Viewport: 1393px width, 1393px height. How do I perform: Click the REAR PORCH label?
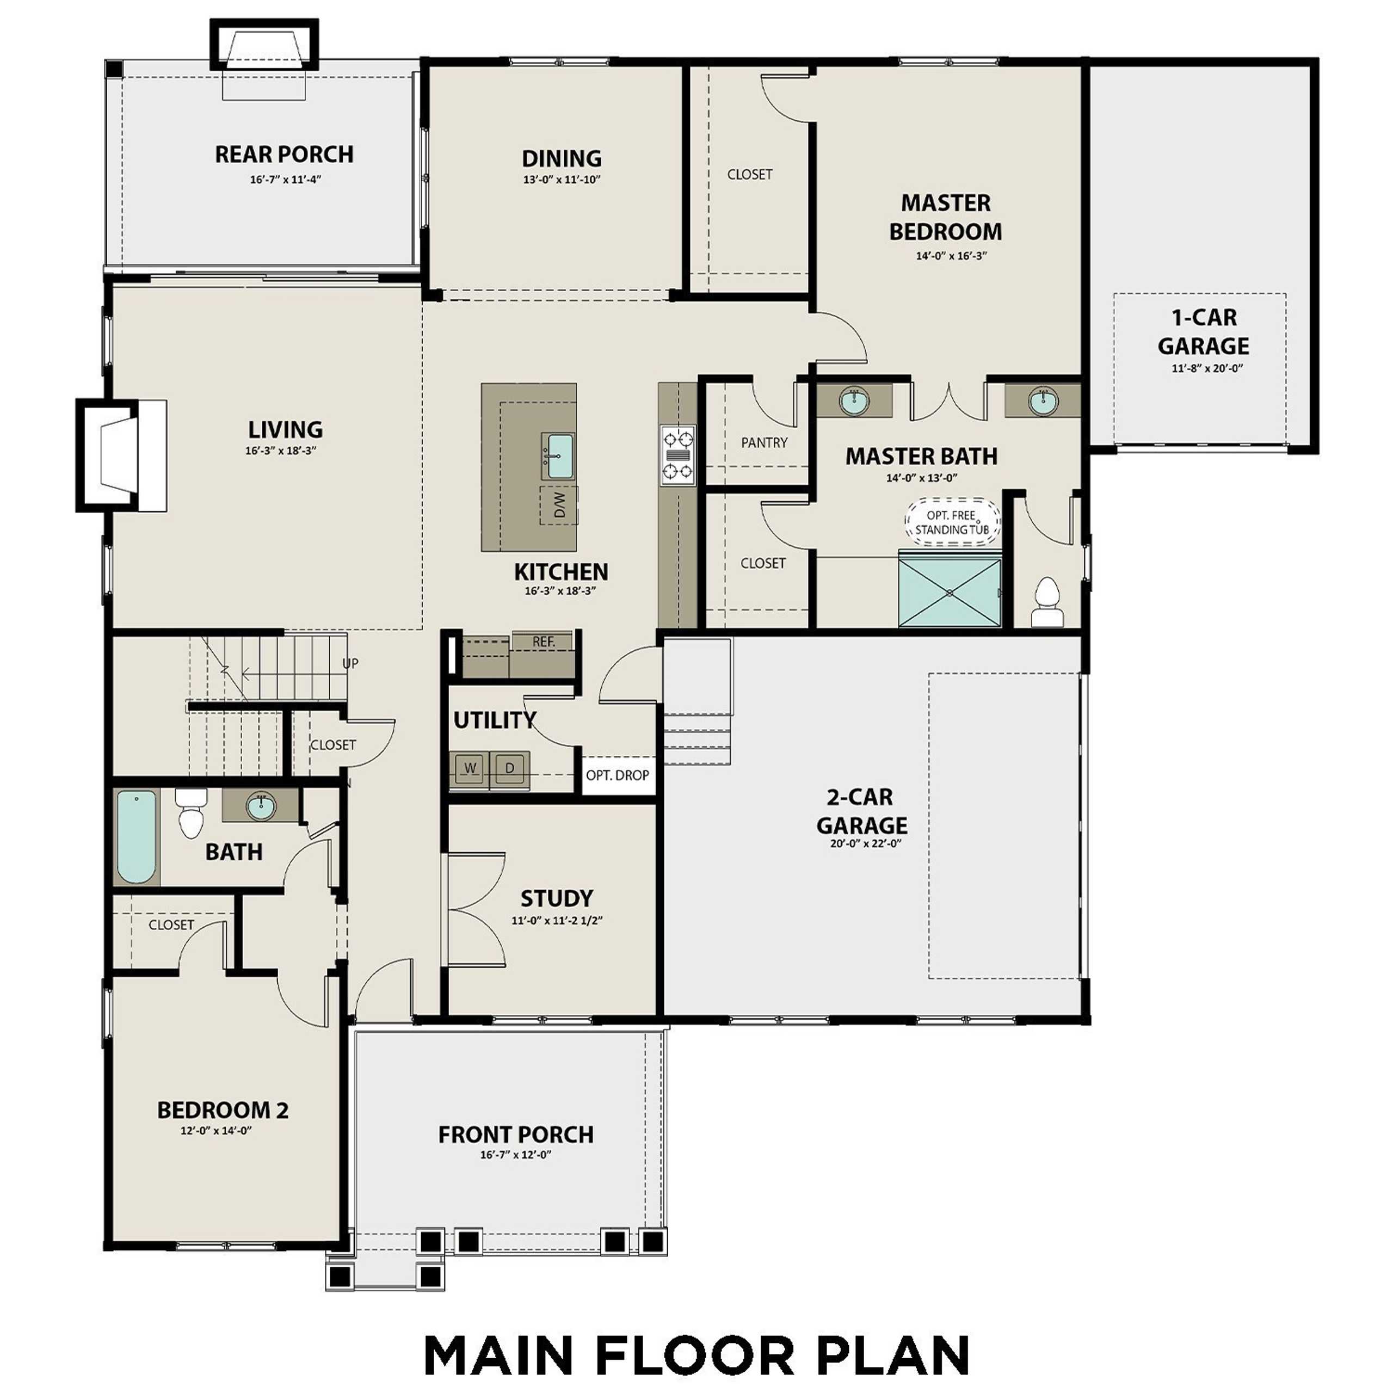[284, 155]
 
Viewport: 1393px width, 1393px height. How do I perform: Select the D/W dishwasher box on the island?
[559, 505]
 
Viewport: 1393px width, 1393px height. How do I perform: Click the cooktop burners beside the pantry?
[678, 455]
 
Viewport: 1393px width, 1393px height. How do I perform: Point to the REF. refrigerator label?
[543, 642]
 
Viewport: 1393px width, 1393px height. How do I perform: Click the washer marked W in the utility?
[470, 769]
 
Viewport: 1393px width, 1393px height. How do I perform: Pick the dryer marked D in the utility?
[510, 769]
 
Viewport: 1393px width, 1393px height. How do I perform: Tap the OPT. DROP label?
[617, 775]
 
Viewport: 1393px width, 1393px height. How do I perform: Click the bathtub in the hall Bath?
[136, 836]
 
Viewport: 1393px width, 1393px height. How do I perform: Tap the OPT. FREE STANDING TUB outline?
[952, 519]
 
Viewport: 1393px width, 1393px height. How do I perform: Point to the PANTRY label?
[765, 443]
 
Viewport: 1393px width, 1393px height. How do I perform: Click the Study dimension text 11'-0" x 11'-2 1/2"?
[557, 920]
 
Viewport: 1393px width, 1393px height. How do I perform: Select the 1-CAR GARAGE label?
[1204, 332]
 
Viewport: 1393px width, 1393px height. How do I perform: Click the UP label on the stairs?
[350, 663]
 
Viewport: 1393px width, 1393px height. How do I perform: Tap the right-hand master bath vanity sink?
[1043, 401]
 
